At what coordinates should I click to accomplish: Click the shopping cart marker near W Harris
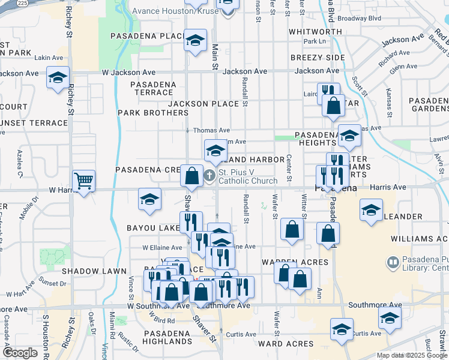pyautogui.click(x=83, y=180)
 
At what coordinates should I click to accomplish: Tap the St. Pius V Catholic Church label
pyautogui.click(x=247, y=176)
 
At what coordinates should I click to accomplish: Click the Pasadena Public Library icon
pyautogui.click(x=393, y=262)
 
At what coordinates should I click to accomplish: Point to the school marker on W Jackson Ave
pyautogui.click(x=58, y=77)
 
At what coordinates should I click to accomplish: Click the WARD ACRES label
pyautogui.click(x=286, y=344)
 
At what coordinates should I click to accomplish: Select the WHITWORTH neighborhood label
pyautogui.click(x=315, y=31)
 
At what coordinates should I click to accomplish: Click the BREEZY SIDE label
pyautogui.click(x=318, y=57)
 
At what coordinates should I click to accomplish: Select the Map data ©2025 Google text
pyautogui.click(x=411, y=355)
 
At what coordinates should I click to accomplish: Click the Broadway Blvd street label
pyautogui.click(x=359, y=18)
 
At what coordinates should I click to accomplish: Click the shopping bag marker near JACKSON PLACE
pyautogui.click(x=333, y=106)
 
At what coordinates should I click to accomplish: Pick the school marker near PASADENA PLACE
pyautogui.click(x=194, y=41)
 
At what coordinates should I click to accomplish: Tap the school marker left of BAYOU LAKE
pyautogui.click(x=149, y=199)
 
